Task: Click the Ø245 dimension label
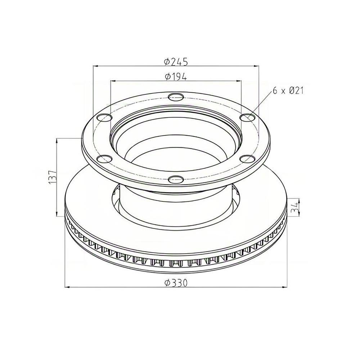pos(176,62)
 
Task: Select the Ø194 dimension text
pos(176,77)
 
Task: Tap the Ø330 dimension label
pos(176,283)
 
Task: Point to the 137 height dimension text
pos(53,177)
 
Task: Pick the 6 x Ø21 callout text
pos(288,90)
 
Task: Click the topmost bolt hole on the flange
pos(176,97)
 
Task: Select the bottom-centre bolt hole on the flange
pos(176,179)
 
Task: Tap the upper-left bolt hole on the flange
pos(104,117)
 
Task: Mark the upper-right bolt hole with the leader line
pos(247,117)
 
